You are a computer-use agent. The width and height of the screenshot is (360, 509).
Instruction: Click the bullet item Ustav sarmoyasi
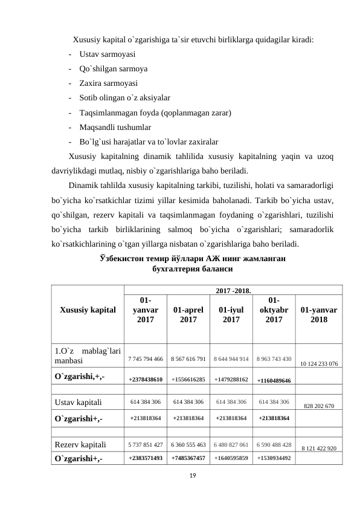(106, 55)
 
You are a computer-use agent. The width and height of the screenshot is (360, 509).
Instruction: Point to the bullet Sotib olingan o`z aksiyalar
(124, 97)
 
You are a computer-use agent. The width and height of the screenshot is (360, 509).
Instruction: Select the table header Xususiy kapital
(88, 310)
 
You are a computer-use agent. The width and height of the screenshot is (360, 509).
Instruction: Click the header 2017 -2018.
(233, 291)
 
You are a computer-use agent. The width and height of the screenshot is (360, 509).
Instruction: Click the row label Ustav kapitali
(77, 401)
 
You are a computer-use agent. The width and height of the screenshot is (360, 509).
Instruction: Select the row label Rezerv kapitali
(80, 444)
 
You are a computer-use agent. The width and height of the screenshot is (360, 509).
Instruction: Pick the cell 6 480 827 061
(232, 444)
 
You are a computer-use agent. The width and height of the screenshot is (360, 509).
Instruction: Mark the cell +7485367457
(188, 458)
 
